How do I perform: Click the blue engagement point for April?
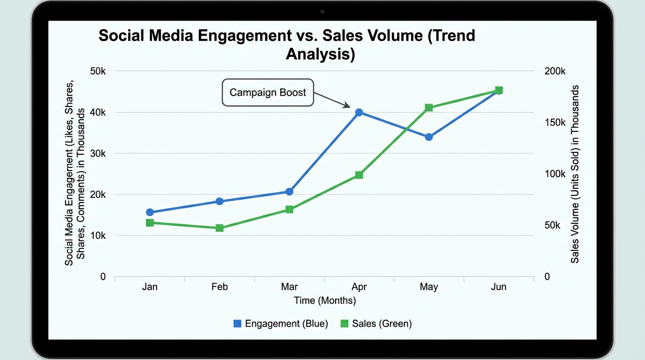[359, 112]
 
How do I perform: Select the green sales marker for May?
[428, 108]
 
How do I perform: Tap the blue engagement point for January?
[150, 212]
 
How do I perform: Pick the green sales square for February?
[219, 228]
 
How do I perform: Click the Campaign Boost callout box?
[267, 92]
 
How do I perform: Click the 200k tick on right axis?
[555, 71]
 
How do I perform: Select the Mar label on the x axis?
[289, 287]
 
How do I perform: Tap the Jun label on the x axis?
[498, 287]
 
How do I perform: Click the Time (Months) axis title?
[325, 300]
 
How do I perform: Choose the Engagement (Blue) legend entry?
[281, 323]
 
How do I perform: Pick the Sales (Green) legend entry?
[376, 323]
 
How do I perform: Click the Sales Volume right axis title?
[575, 174]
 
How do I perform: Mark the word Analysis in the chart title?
[320, 54]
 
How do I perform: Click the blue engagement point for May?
[428, 137]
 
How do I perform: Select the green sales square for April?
[359, 175]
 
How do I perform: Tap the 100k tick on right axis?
[555, 174]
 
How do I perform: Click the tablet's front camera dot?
[322, 11]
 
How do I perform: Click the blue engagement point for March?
[289, 192]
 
